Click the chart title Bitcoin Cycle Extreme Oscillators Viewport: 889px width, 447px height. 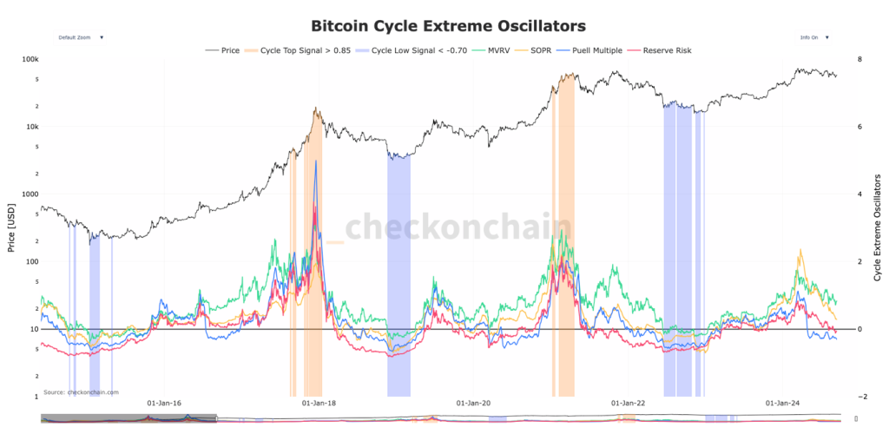pyautogui.click(x=448, y=26)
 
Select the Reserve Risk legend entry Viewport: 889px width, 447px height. pyautogui.click(x=666, y=50)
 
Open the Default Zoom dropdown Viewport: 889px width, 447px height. pyautogui.click(x=80, y=38)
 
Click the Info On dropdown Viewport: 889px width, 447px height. pyautogui.click(x=813, y=38)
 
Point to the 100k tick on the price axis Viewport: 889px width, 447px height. pyautogui.click(x=30, y=59)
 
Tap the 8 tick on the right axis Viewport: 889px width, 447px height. pyautogui.click(x=859, y=59)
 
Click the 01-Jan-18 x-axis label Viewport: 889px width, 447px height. pyautogui.click(x=319, y=404)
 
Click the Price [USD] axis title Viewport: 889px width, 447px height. pyautogui.click(x=10, y=227)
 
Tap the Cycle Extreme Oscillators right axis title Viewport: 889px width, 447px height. pyautogui.click(x=879, y=227)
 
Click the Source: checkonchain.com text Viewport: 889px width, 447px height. pyautogui.click(x=81, y=392)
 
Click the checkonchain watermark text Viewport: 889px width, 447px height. pyautogui.click(x=458, y=227)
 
